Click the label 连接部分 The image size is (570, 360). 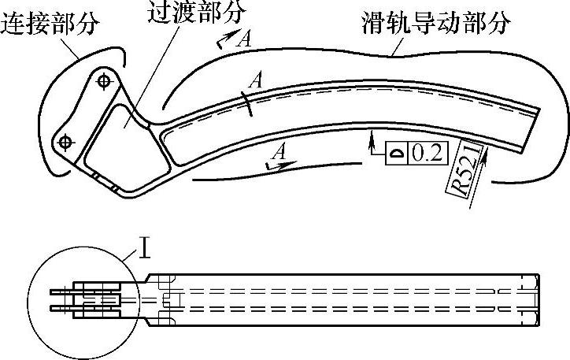50,24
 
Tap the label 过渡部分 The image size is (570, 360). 196,11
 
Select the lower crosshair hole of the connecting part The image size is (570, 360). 65,141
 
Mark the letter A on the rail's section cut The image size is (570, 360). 254,80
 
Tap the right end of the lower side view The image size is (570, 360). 539,299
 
